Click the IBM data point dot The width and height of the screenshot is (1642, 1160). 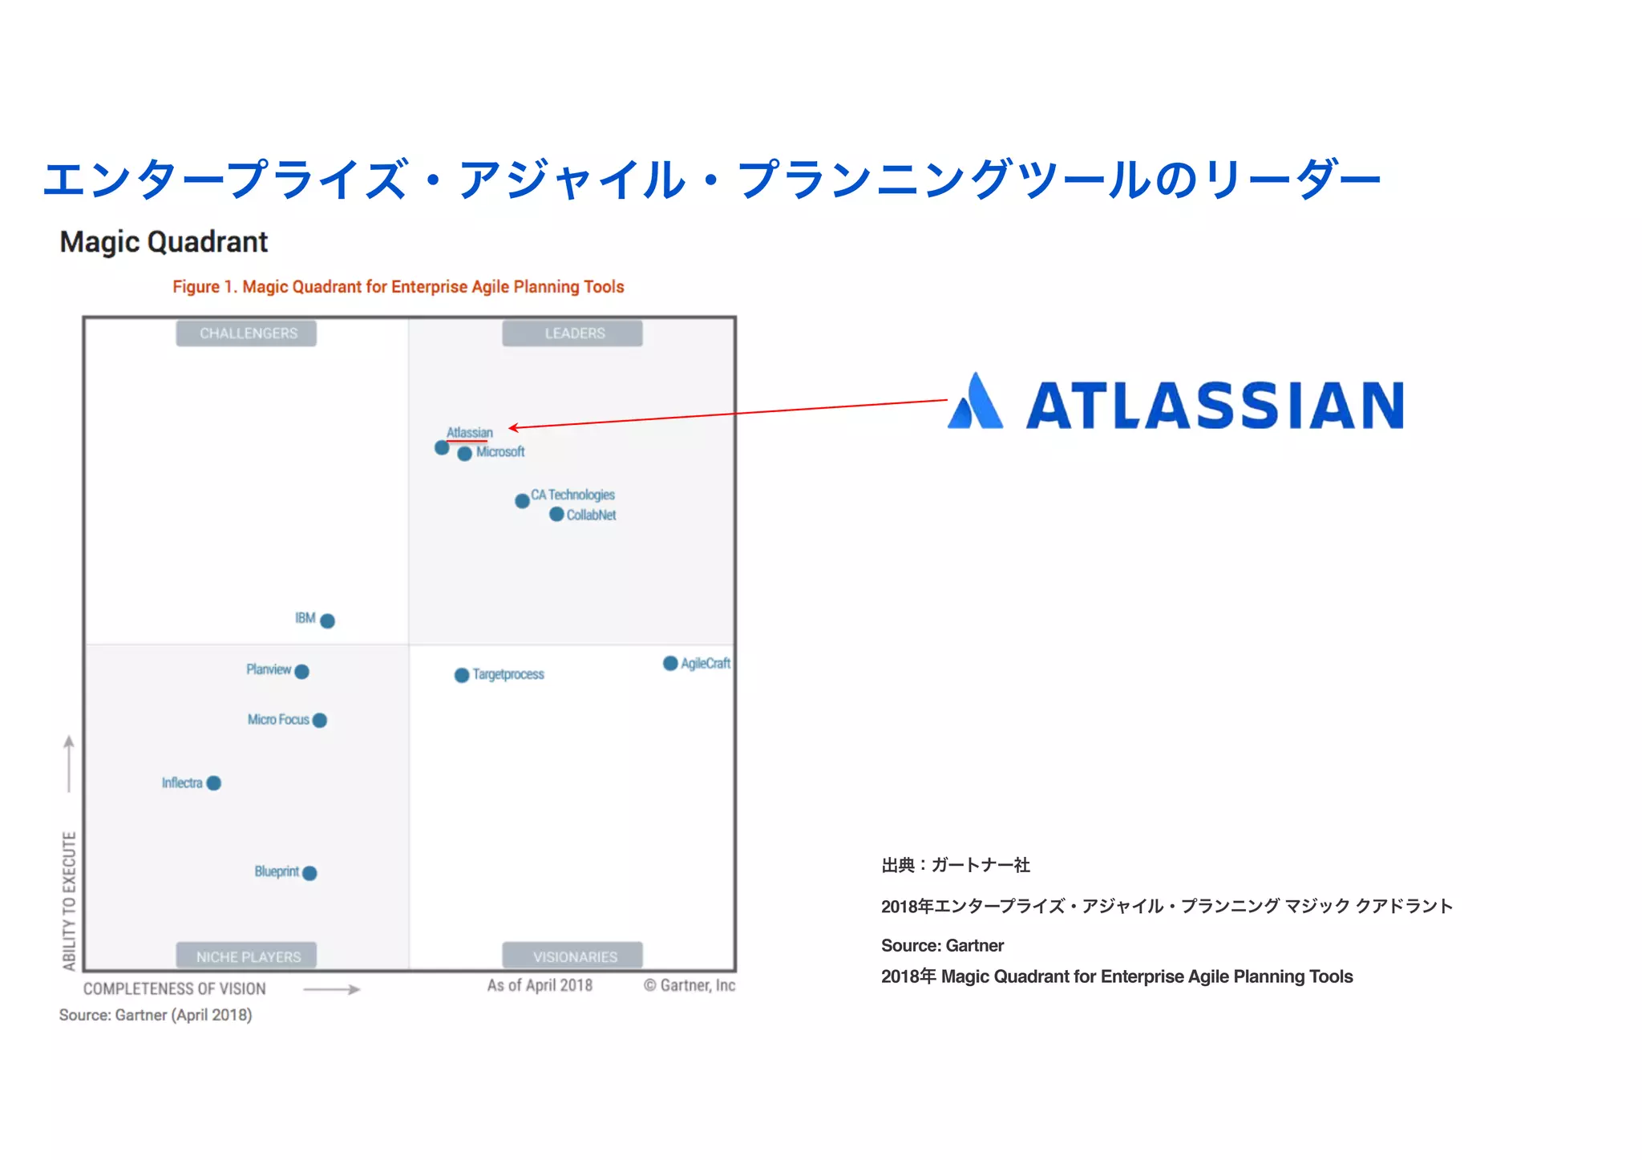click(327, 620)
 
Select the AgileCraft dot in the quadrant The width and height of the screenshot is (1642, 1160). click(670, 663)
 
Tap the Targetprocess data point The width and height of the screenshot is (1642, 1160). click(462, 675)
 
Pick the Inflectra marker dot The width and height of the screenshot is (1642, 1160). click(214, 783)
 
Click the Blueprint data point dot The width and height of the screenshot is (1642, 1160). click(310, 873)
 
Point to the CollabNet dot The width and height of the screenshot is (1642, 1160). click(556, 515)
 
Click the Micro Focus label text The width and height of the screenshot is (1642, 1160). click(277, 720)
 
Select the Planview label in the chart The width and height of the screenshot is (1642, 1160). click(268, 669)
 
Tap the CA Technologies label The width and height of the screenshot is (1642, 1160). click(572, 495)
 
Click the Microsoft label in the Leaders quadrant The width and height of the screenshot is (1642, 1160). click(500, 452)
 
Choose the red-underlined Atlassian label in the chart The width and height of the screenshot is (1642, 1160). click(469, 433)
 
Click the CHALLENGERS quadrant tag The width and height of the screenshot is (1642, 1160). click(247, 333)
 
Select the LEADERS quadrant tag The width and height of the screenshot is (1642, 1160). click(573, 333)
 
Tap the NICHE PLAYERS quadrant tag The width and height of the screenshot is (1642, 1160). click(247, 956)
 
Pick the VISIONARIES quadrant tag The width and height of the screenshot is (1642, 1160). click(573, 956)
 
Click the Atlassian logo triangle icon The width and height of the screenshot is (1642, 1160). click(976, 402)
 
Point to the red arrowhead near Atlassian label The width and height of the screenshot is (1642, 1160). click(513, 427)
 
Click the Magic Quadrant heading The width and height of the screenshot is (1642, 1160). click(164, 242)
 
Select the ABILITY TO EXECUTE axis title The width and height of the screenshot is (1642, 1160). click(70, 901)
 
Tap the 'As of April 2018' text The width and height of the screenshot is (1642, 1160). click(540, 985)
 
